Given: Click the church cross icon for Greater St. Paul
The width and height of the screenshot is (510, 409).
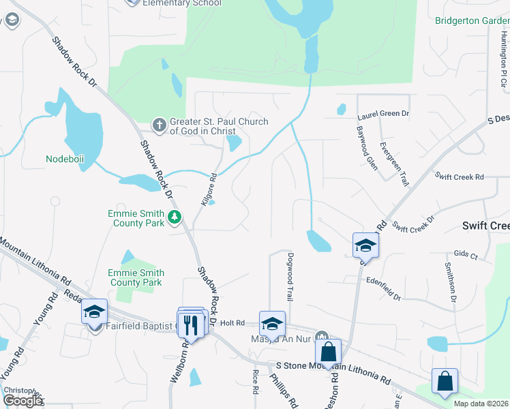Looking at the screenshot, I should click(159, 125).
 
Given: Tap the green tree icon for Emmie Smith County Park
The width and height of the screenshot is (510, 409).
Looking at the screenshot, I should click(175, 217).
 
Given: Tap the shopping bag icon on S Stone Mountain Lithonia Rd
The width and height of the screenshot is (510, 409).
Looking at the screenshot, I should click(329, 353).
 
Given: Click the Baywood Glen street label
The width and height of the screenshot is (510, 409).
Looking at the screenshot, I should click(367, 147).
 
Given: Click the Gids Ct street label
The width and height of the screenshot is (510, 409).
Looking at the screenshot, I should click(465, 254).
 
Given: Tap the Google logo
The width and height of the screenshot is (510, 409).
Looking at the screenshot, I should click(22, 400).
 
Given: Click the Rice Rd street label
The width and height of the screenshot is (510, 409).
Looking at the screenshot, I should click(255, 382).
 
